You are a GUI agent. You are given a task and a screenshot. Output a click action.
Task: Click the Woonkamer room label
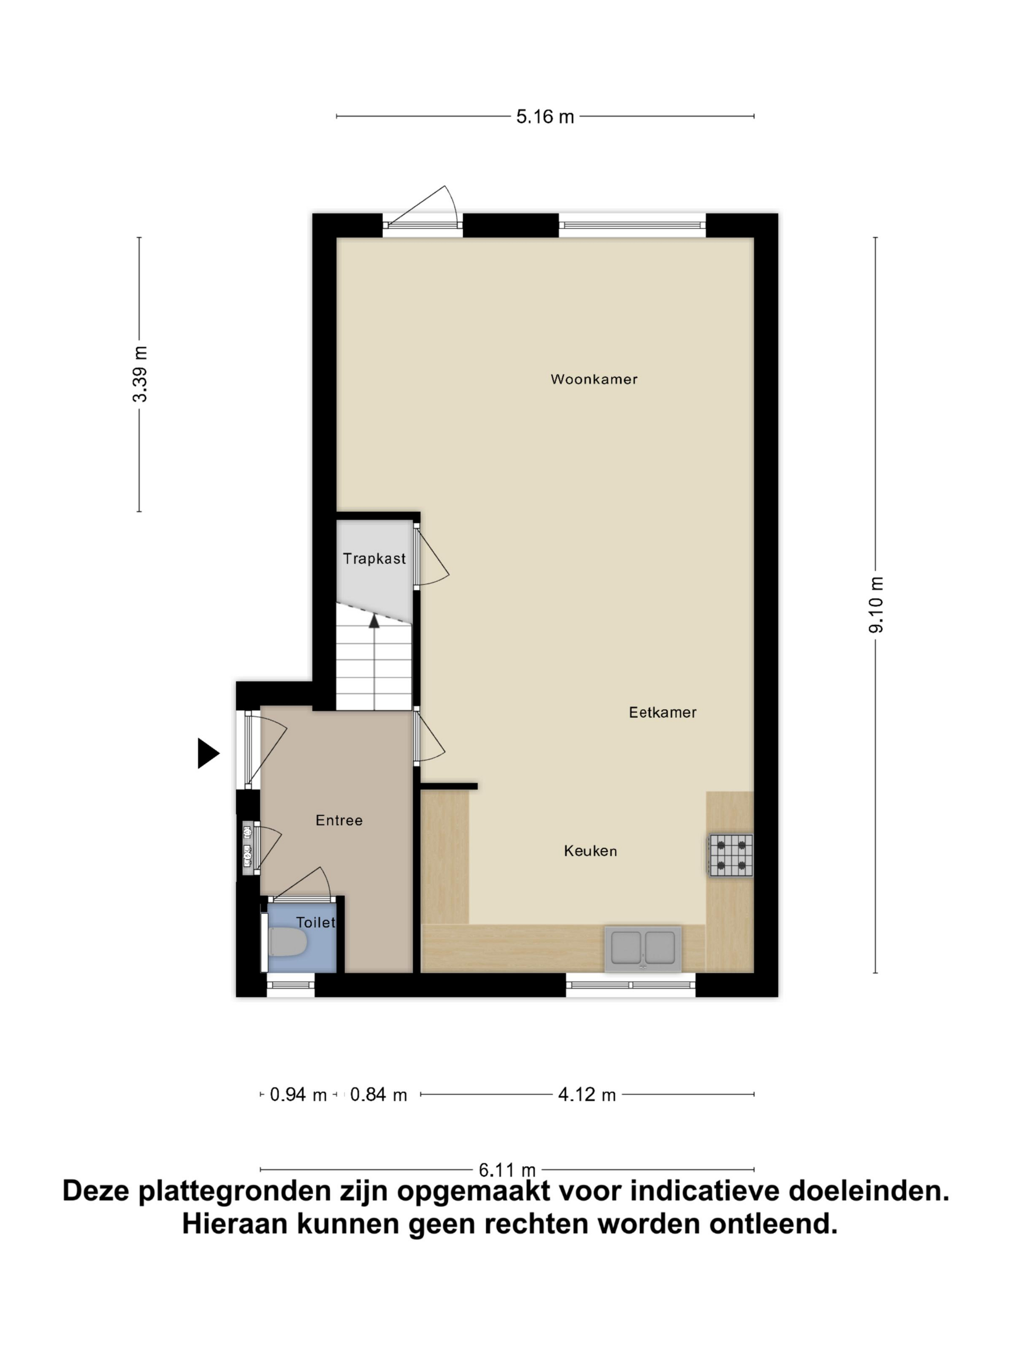pos(594,379)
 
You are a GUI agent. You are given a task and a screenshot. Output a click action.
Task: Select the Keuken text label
pos(590,851)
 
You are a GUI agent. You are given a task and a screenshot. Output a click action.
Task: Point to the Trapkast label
pos(374,558)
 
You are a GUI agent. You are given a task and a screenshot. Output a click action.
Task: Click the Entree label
pos(339,820)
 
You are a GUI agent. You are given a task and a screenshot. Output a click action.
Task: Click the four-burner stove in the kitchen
pos(730,855)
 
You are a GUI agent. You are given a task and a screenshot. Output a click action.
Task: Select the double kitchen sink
pos(642,949)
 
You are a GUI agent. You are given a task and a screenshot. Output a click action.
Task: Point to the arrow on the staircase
pos(374,622)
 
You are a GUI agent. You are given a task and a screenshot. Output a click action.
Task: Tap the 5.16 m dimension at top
pos(545,117)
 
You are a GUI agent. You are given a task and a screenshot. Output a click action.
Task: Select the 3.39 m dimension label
pos(140,374)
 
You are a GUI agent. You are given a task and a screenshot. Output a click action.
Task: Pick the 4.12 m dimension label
pos(586,1095)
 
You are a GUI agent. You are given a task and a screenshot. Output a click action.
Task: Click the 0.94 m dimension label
pos(298,1095)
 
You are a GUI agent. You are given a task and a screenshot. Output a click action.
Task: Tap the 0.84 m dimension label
pos(378,1095)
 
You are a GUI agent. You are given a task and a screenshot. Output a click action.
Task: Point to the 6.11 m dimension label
pos(506,1170)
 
